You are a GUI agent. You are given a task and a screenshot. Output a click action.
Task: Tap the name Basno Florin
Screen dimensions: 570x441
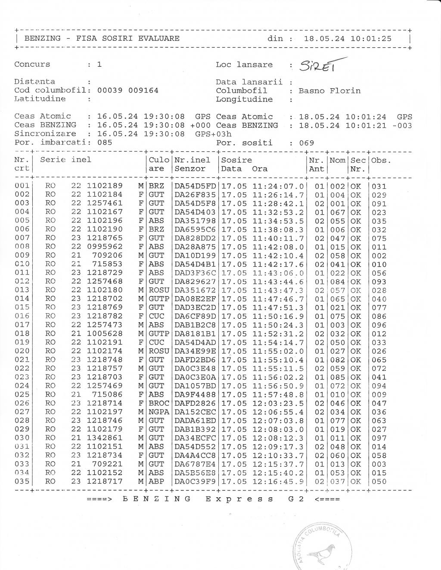[x=329, y=91]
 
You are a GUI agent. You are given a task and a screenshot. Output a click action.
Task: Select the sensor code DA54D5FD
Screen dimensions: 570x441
[x=195, y=186]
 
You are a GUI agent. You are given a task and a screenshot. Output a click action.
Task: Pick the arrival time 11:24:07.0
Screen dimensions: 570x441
[x=278, y=186]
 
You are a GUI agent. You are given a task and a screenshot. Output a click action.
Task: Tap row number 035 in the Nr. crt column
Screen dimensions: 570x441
[x=22, y=481]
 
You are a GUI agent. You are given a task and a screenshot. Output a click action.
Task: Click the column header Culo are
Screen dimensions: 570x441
[x=159, y=164]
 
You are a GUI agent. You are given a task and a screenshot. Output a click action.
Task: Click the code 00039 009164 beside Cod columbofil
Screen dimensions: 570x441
[x=127, y=91]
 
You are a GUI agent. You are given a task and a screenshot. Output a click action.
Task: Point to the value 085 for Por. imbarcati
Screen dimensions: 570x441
[x=105, y=142]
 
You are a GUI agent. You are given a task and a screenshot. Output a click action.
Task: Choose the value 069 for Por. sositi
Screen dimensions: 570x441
[x=307, y=143]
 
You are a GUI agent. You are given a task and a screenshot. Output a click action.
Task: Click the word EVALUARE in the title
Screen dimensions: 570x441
[x=158, y=38]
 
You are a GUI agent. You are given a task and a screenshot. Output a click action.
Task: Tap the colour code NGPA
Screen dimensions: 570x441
[x=159, y=412]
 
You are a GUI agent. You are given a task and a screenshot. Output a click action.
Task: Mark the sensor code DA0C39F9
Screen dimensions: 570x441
[x=195, y=481]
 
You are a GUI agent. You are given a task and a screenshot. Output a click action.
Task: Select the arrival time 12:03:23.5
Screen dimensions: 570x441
[x=278, y=404]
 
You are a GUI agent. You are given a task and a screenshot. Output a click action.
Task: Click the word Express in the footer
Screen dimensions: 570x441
[x=239, y=499]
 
